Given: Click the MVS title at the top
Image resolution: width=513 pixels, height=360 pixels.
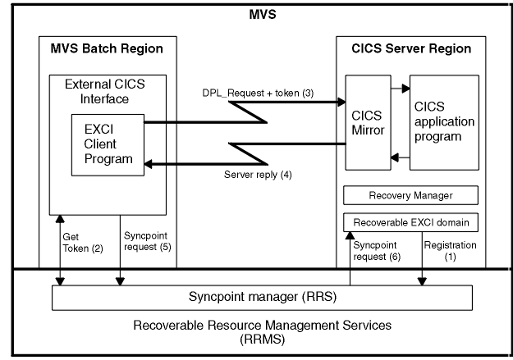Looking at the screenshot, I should click(x=263, y=14).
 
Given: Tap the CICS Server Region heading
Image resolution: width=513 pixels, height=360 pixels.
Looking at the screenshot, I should click(x=411, y=48).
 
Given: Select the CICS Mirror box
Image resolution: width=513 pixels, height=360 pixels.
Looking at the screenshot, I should click(x=368, y=123).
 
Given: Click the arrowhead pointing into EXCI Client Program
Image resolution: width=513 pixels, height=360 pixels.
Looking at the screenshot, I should click(x=150, y=164).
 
